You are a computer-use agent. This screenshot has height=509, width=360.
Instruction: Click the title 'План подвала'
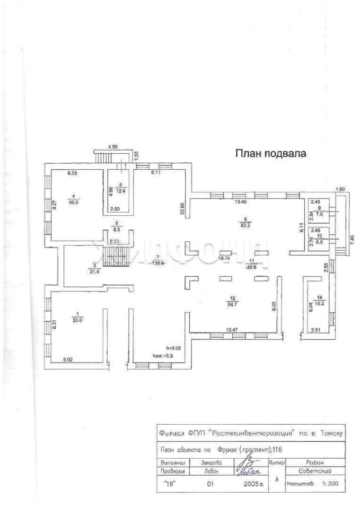(271, 154)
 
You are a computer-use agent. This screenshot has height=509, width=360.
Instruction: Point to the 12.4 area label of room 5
(124, 190)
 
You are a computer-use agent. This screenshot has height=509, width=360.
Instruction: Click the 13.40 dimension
(240, 202)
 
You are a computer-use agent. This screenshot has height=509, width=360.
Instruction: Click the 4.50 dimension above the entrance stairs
(113, 147)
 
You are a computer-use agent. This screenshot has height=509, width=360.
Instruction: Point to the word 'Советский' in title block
(316, 471)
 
